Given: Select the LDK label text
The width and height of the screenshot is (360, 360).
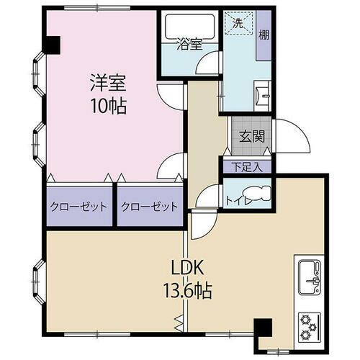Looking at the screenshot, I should (189, 268).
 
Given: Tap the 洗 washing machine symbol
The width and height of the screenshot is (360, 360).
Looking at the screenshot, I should (238, 23).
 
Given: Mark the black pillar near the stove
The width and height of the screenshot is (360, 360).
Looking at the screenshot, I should (262, 328).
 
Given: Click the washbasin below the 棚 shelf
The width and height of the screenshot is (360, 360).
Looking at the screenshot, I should (261, 94).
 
